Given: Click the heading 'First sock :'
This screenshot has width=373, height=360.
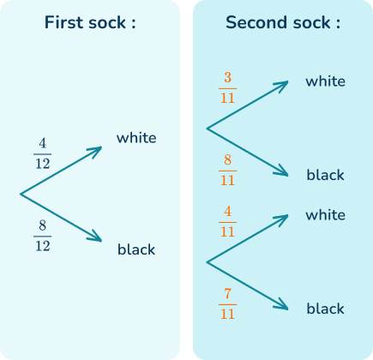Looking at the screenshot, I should coord(90,22).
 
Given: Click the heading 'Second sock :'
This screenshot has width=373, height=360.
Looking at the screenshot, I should coord(282,22).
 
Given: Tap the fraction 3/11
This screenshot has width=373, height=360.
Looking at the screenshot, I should coord(227,88).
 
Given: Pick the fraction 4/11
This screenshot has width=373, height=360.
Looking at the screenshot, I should coord(227,220).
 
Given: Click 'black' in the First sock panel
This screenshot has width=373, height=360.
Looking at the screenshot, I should coord(136,250).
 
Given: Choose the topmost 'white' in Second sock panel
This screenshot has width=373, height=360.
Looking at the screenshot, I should coord(325,82).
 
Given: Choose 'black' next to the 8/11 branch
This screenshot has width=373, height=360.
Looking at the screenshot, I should coord(325,176).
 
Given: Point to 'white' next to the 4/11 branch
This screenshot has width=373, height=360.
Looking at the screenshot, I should coord(325,216).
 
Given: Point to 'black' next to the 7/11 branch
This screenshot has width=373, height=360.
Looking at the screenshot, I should coord(325,309).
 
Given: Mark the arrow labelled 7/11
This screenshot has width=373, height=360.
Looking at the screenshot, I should coord(249,285).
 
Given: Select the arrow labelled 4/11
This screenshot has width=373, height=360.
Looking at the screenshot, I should coord(249,239).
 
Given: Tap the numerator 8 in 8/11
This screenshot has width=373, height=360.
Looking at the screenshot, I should coord(227,160).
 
